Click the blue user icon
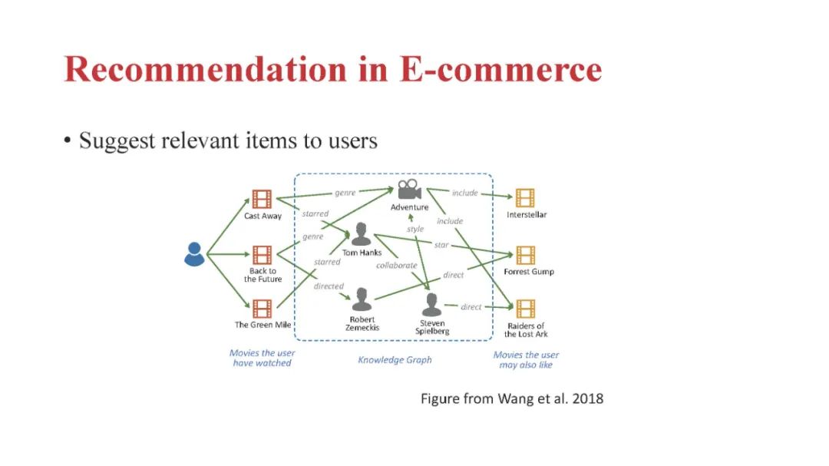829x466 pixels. click(194, 254)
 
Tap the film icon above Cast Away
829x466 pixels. click(262, 200)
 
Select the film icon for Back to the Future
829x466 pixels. click(262, 255)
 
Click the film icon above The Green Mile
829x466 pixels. click(262, 309)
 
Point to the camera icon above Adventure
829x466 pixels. click(409, 190)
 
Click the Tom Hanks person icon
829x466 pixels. click(361, 235)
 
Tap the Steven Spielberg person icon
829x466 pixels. click(432, 304)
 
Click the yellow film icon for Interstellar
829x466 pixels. click(526, 198)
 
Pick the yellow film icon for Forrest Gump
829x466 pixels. click(526, 255)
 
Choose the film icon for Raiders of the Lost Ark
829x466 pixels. click(526, 309)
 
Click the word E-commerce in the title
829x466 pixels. click(500, 69)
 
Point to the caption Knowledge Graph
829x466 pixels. click(395, 359)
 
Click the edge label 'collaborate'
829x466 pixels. click(396, 266)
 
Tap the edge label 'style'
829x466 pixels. click(414, 229)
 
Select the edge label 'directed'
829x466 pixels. click(329, 286)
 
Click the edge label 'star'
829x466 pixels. click(441, 245)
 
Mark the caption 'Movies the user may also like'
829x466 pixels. click(526, 359)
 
